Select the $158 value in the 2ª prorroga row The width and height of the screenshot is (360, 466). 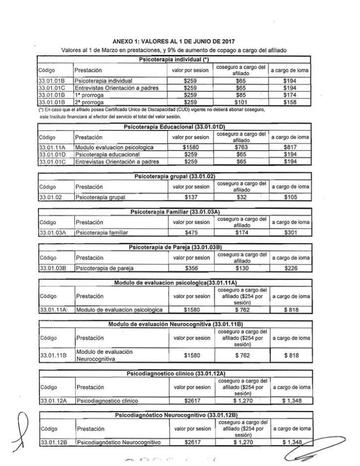[290, 102]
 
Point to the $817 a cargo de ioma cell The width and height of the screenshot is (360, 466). [290, 147]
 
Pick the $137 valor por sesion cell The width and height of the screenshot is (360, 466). [191, 198]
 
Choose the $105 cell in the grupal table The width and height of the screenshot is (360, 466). [290, 198]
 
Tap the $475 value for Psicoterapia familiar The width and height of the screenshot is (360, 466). [191, 233]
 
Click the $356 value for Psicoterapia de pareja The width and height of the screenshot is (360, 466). [191, 268]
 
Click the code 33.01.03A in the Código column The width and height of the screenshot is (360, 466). [52, 233]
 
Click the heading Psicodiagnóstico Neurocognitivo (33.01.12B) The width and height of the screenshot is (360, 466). [175, 415]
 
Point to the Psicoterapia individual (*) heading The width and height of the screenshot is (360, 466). [174, 59]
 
